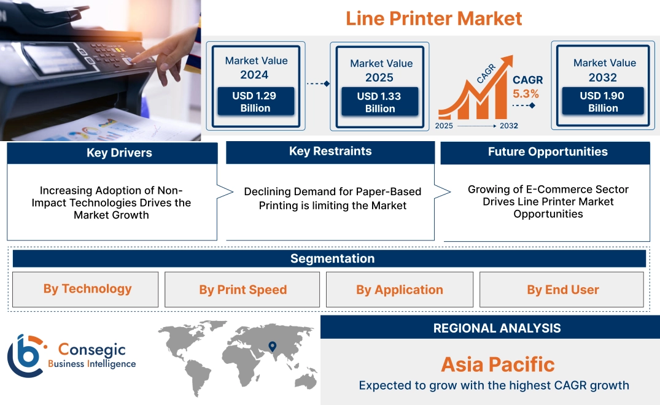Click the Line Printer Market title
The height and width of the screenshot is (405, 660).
[433, 18]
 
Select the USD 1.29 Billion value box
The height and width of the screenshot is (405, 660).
[255, 102]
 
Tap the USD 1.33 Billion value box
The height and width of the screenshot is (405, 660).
[380, 102]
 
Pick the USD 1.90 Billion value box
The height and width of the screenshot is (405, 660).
[603, 102]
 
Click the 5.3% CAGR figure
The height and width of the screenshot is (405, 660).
[526, 94]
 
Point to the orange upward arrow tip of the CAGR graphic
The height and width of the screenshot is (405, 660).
[508, 60]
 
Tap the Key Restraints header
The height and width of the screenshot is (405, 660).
[330, 152]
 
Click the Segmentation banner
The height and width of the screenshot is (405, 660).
[332, 258]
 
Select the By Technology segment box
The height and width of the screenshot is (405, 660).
[87, 289]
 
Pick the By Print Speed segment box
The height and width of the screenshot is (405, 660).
[243, 290]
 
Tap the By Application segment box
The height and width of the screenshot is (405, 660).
[400, 290]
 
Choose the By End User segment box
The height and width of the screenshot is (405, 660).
[562, 290]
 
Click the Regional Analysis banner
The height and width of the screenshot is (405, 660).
[497, 328]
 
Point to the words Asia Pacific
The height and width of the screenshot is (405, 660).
[497, 364]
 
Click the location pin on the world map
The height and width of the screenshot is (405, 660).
[272, 347]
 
